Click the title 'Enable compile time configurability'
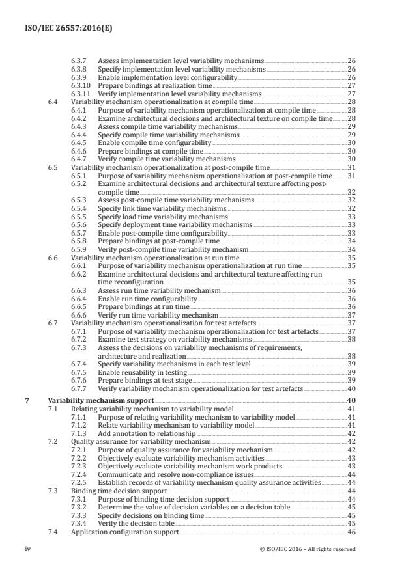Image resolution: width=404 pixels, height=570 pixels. pos(154,142)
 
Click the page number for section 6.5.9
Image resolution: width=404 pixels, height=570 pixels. pos(351,249)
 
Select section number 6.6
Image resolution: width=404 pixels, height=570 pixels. pos(53,258)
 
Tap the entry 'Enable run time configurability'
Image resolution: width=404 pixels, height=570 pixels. pos(149,299)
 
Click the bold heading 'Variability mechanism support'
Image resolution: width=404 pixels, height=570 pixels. pos(101,400)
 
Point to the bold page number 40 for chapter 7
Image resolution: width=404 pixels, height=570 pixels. pos(351,400)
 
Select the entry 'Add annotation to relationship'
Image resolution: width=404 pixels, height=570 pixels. pos(147,433)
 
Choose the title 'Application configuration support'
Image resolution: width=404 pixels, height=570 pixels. pos(124,532)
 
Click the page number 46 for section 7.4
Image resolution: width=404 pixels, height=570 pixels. pos(351,532)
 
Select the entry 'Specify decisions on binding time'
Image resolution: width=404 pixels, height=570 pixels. pos(152,515)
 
